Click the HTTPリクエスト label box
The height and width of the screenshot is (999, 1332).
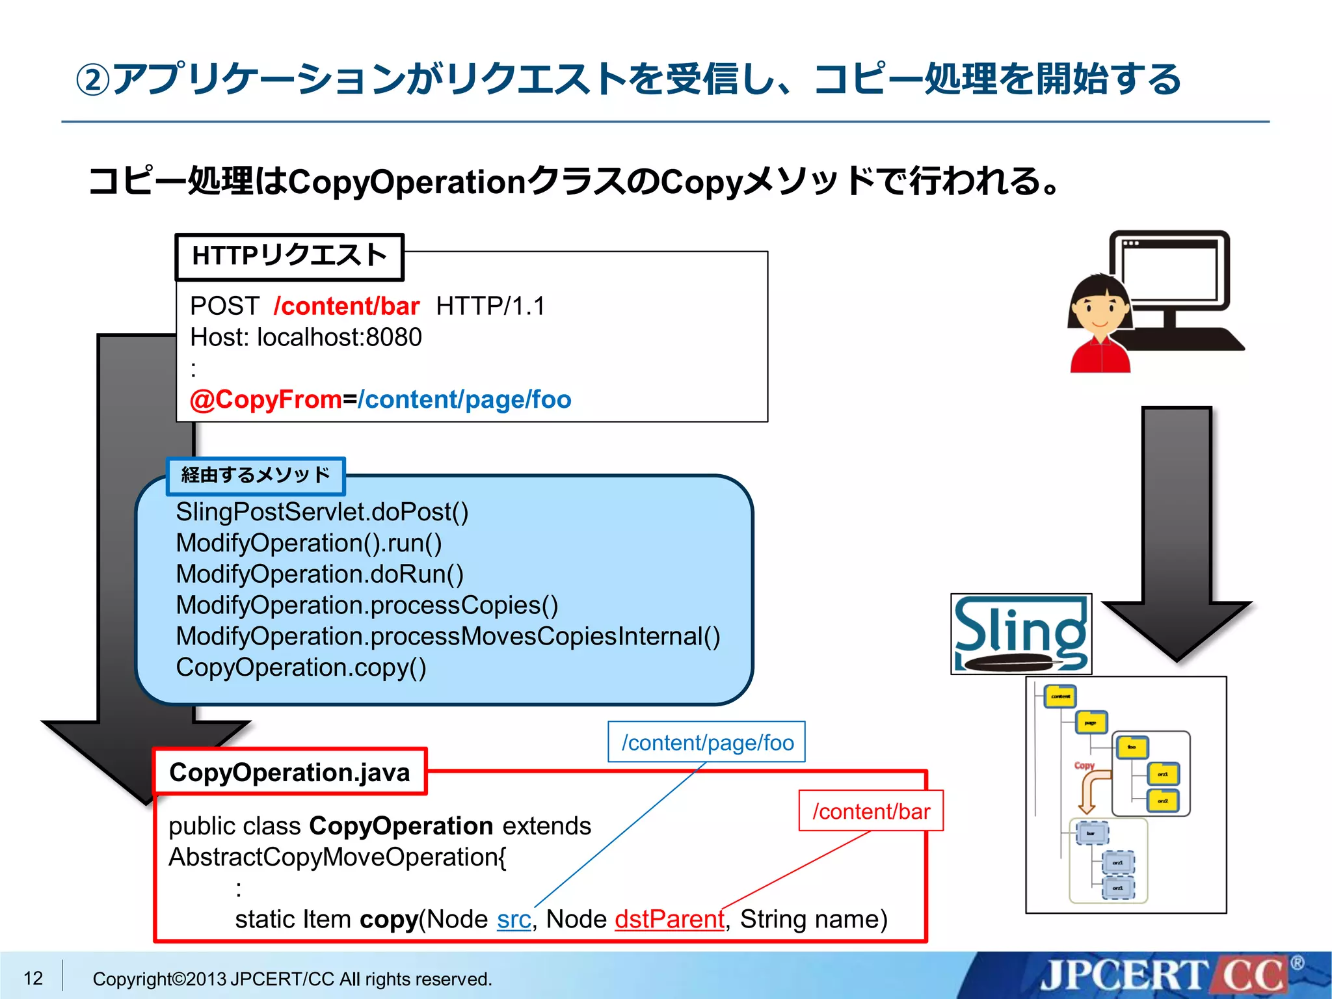pos(289,257)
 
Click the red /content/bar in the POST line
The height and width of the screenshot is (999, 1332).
pos(347,306)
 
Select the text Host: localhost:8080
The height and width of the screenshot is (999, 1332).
pos(306,337)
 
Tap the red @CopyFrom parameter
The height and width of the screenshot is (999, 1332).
pos(265,399)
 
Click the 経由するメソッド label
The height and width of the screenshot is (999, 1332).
pos(256,475)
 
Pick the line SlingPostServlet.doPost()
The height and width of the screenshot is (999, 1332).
pos(322,512)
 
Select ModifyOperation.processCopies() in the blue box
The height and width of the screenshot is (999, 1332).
pos(367,605)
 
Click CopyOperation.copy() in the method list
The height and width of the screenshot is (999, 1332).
pos(301,667)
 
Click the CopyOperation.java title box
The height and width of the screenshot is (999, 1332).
pos(290,772)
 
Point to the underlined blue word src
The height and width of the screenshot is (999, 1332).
pos(514,919)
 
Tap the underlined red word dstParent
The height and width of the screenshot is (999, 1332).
pos(669,919)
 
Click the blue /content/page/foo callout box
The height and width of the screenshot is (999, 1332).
pos(707,742)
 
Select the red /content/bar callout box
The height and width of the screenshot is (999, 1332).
pos(871,811)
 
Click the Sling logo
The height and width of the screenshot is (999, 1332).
pos(1020,634)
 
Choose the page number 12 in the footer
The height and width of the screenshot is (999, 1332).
pos(33,978)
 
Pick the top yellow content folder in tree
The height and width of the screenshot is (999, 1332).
pos(1060,696)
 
